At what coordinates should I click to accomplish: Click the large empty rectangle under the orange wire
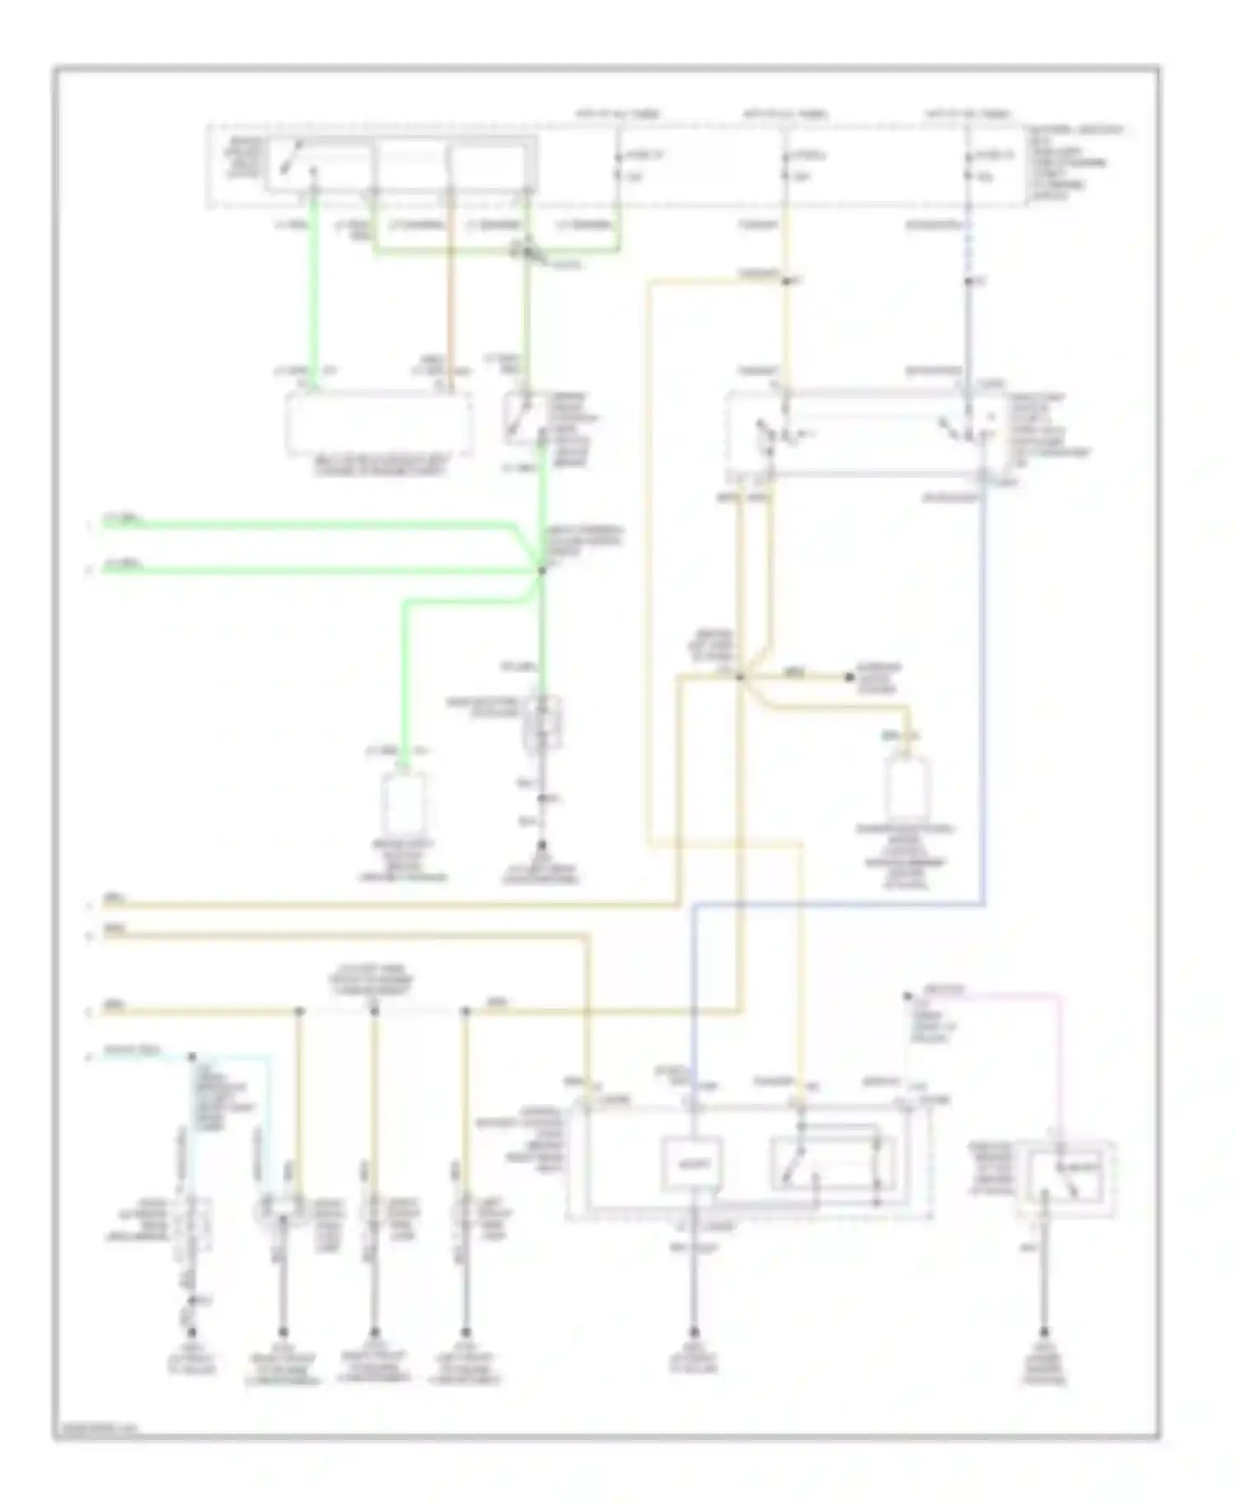click(x=380, y=423)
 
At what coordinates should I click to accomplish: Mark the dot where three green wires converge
click(x=541, y=570)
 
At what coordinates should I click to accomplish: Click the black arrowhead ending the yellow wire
click(x=850, y=677)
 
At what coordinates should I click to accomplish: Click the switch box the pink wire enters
click(x=1066, y=1178)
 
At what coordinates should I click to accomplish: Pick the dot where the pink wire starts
click(x=907, y=996)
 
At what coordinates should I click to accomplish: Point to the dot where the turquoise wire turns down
click(x=192, y=1056)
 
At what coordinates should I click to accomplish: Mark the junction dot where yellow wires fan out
click(x=739, y=677)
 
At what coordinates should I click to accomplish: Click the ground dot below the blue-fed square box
click(x=694, y=1331)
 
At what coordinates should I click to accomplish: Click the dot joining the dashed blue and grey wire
click(x=968, y=282)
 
